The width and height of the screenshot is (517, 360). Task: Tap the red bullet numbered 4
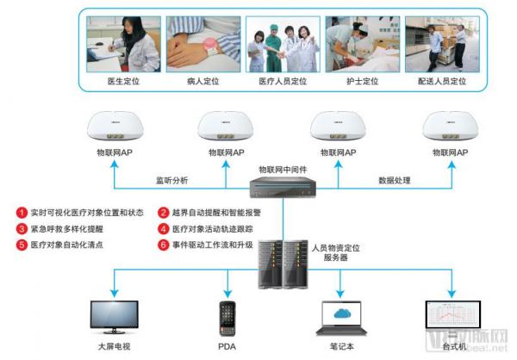(x=164, y=228)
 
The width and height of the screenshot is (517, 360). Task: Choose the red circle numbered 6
(x=164, y=245)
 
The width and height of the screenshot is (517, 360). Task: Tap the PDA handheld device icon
(x=227, y=319)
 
